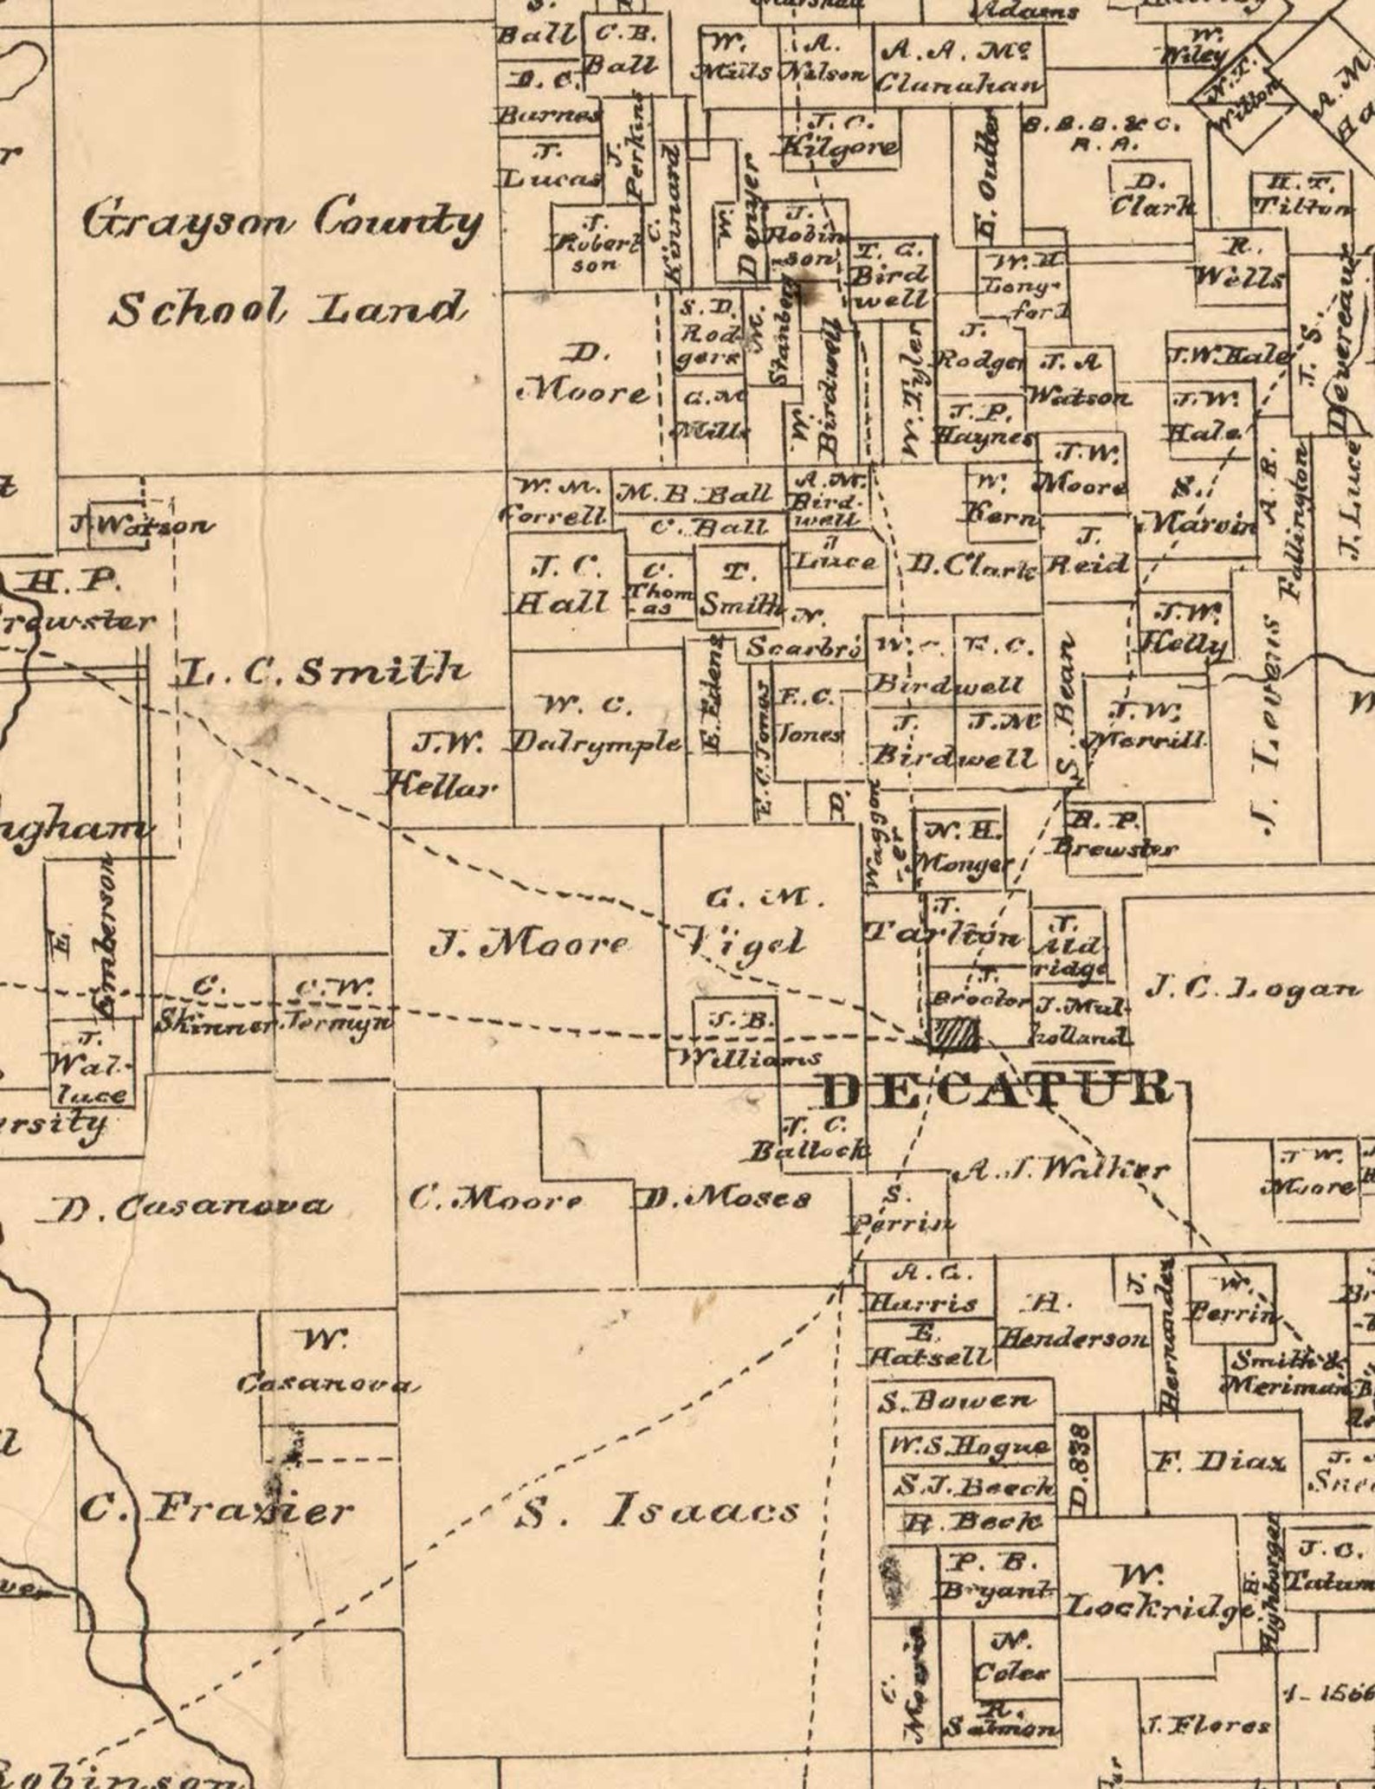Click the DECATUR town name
[996, 1088]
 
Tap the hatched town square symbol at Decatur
[953, 1035]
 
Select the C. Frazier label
[216, 1511]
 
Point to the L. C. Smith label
[322, 671]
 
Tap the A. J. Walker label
[1062, 1171]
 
